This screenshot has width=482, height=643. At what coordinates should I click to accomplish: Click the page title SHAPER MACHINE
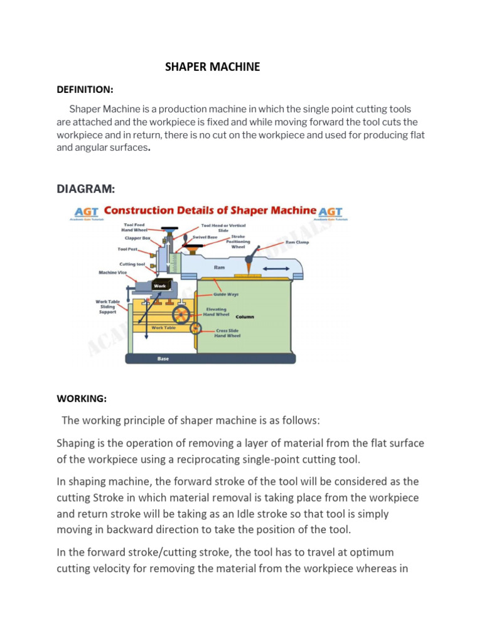pyautogui.click(x=212, y=67)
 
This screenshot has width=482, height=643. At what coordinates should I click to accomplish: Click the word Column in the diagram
pyautogui.click(x=245, y=317)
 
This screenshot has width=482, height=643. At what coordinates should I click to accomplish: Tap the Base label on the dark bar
pyautogui.click(x=163, y=360)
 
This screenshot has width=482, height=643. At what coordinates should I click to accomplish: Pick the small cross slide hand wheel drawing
pyautogui.click(x=195, y=328)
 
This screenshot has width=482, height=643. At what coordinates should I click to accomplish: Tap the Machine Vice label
pyautogui.click(x=113, y=273)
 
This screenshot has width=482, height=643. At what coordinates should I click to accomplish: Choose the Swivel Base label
pyautogui.click(x=205, y=237)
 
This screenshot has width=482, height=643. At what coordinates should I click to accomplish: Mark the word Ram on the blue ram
pyautogui.click(x=219, y=267)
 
